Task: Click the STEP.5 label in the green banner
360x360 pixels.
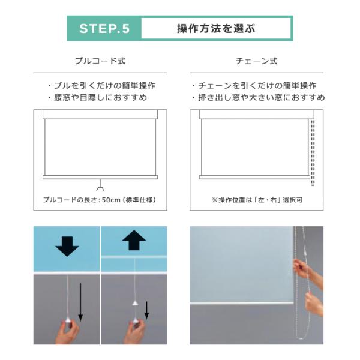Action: [x=104, y=29]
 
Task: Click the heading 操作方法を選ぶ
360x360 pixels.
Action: [x=216, y=29]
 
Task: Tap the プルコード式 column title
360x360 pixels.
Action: [x=100, y=61]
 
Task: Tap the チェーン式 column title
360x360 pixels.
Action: [x=256, y=61]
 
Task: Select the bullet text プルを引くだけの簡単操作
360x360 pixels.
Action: [x=104, y=86]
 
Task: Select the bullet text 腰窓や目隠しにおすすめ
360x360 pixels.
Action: [x=100, y=98]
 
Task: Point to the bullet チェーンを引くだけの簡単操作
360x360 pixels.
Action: [x=257, y=86]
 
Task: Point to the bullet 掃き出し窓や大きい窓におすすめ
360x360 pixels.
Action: [x=261, y=98]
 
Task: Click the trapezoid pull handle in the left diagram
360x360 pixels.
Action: [x=100, y=189]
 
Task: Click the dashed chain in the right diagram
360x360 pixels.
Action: [x=313, y=152]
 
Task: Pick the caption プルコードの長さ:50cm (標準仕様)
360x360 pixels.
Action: [x=100, y=200]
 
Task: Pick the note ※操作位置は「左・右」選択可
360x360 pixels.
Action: [x=257, y=200]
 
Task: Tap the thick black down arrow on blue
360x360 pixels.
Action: [x=67, y=247]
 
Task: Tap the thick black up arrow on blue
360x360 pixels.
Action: [x=134, y=240]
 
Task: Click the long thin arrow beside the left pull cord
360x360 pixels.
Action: [x=80, y=302]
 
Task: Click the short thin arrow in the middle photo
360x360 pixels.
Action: [x=147, y=310]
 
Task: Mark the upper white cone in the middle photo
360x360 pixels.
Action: [x=135, y=303]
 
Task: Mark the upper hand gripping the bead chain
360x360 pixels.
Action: [x=303, y=270]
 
